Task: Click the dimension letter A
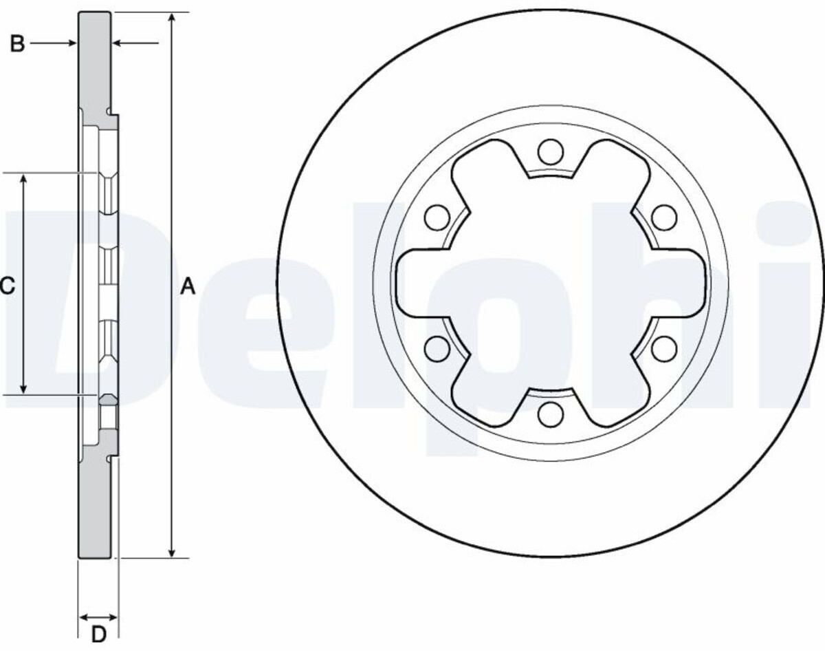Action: pos(188,286)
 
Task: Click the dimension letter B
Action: pos(17,43)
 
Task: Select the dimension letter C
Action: pos(8,286)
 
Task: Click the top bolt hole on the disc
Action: pos(551,152)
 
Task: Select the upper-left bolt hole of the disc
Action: pos(437,217)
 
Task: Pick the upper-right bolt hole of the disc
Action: pos(664,217)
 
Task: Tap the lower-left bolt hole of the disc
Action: pos(437,348)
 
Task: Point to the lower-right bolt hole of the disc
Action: pos(664,348)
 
